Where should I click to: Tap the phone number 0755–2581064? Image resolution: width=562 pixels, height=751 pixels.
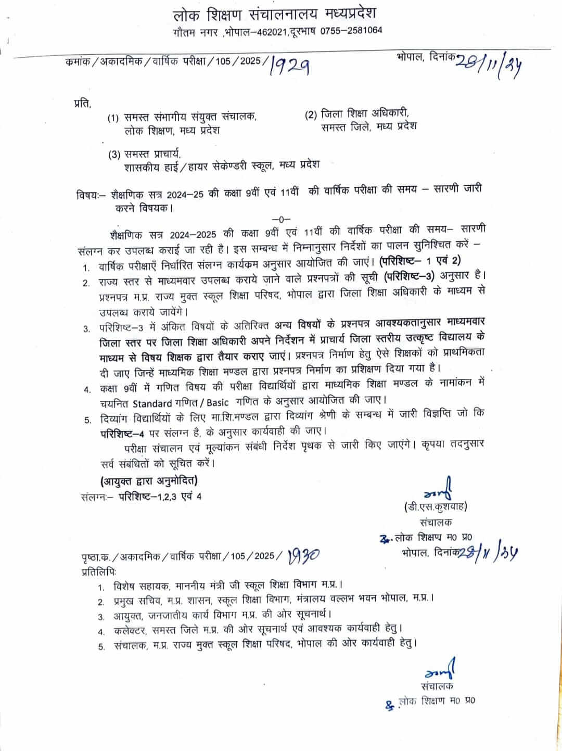[351, 30]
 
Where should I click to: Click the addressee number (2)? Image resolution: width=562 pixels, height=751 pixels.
[311, 114]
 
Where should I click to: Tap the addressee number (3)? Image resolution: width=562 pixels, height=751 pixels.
[114, 154]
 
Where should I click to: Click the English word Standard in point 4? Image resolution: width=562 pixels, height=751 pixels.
[152, 402]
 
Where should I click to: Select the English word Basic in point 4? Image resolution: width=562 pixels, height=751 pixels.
[217, 402]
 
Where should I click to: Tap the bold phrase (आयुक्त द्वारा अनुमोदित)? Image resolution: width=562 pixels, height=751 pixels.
[149, 480]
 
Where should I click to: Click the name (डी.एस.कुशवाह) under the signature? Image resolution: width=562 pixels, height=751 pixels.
[435, 506]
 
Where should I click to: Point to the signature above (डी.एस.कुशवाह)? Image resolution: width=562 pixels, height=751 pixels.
[441, 489]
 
